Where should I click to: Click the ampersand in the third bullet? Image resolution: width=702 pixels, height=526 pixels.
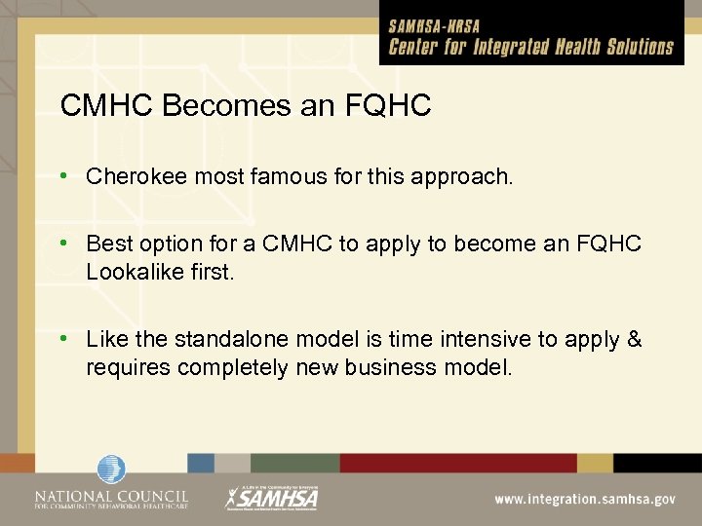point(635,339)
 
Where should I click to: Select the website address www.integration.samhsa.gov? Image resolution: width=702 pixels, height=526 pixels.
point(584,498)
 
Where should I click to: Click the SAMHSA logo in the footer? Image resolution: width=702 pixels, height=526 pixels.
point(272,497)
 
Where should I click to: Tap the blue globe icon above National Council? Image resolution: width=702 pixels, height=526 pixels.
point(111,470)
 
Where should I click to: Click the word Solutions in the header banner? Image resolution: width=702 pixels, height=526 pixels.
point(632,47)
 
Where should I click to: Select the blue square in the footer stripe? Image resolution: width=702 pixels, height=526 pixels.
point(201,463)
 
